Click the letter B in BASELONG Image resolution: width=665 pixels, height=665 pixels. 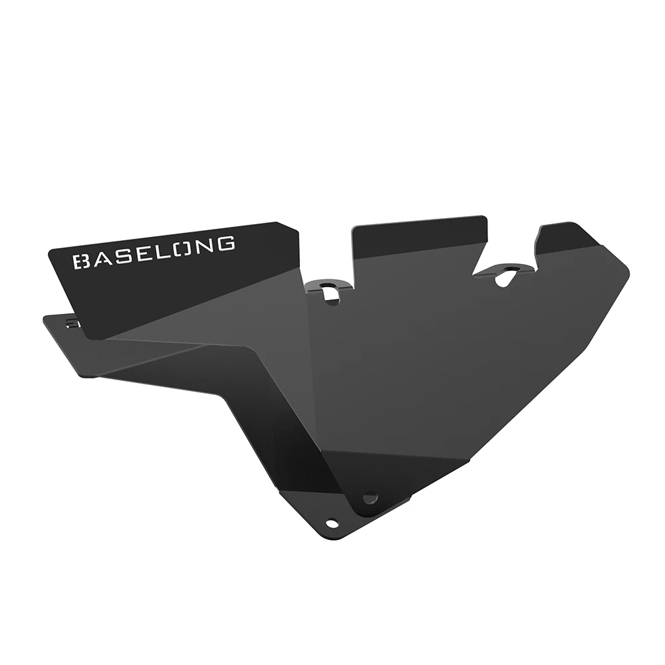[x=82, y=261]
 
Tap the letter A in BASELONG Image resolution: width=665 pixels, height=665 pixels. [x=102, y=258]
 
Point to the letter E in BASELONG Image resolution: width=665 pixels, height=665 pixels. [x=144, y=253]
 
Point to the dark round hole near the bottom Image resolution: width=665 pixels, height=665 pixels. [x=370, y=497]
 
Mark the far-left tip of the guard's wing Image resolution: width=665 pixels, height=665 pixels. [x=45, y=317]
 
